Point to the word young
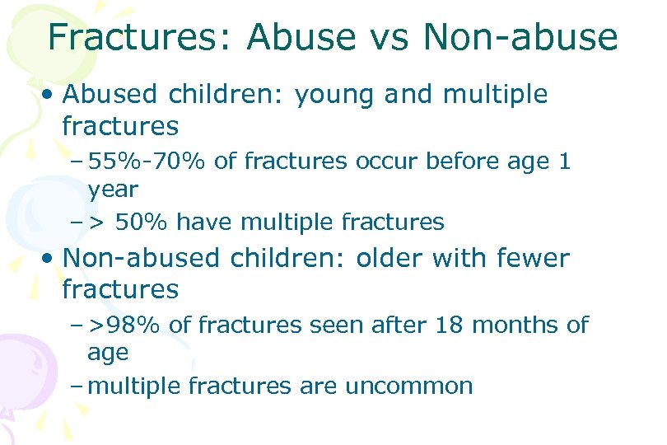click(335, 95)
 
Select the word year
click(113, 190)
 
